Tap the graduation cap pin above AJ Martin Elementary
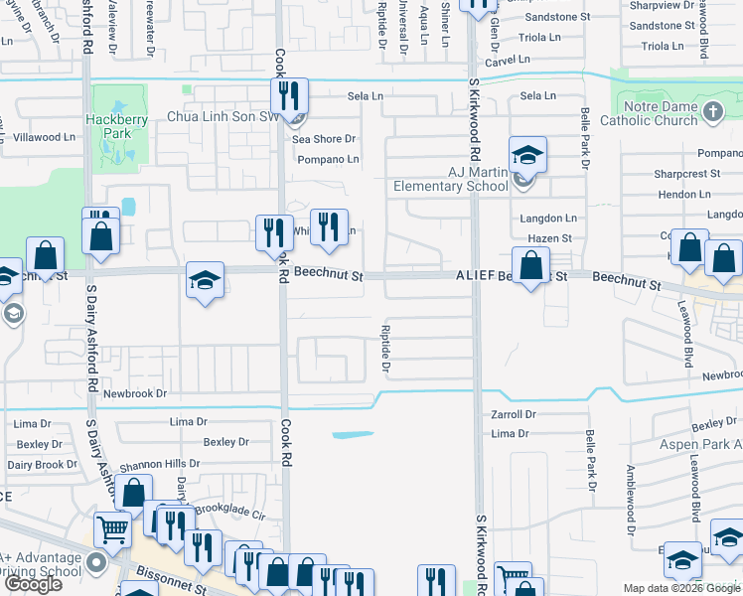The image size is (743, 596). pyautogui.click(x=528, y=155)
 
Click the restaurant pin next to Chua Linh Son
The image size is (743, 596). pyautogui.click(x=289, y=96)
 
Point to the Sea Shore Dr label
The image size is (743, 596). pyautogui.click(x=323, y=139)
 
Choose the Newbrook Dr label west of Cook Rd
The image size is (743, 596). pyautogui.click(x=134, y=393)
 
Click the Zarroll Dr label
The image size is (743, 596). pyautogui.click(x=514, y=414)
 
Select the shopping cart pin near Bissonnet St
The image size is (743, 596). pyautogui.click(x=112, y=529)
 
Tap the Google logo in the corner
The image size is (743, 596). pyautogui.click(x=33, y=584)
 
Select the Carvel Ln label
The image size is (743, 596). pyautogui.click(x=508, y=61)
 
